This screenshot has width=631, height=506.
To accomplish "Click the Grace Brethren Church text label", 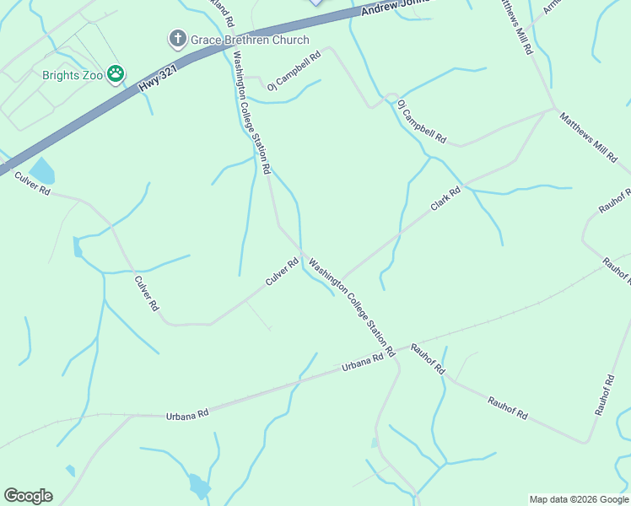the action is pyautogui.click(x=250, y=40).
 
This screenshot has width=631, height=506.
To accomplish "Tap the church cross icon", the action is pyautogui.click(x=177, y=39).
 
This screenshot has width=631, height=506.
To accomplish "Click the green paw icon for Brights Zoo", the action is pyautogui.click(x=116, y=75).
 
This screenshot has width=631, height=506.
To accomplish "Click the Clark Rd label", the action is pyautogui.click(x=445, y=200).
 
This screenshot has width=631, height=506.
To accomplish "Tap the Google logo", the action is pyautogui.click(x=28, y=496).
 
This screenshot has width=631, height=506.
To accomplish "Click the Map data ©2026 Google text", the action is pyautogui.click(x=579, y=499).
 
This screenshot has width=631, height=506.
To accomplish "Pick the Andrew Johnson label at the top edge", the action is pyautogui.click(x=396, y=8).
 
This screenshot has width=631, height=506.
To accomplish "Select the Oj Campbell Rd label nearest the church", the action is pyautogui.click(x=294, y=72).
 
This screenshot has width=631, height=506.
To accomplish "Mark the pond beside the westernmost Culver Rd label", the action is pyautogui.click(x=41, y=171).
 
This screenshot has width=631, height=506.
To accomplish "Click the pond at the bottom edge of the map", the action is pyautogui.click(x=199, y=486).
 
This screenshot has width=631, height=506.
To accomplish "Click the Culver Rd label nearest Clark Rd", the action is pyautogui.click(x=283, y=272).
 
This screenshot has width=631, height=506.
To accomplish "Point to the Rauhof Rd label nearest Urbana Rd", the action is pyautogui.click(x=428, y=359).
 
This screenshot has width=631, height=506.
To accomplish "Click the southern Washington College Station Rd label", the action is pyautogui.click(x=352, y=306).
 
